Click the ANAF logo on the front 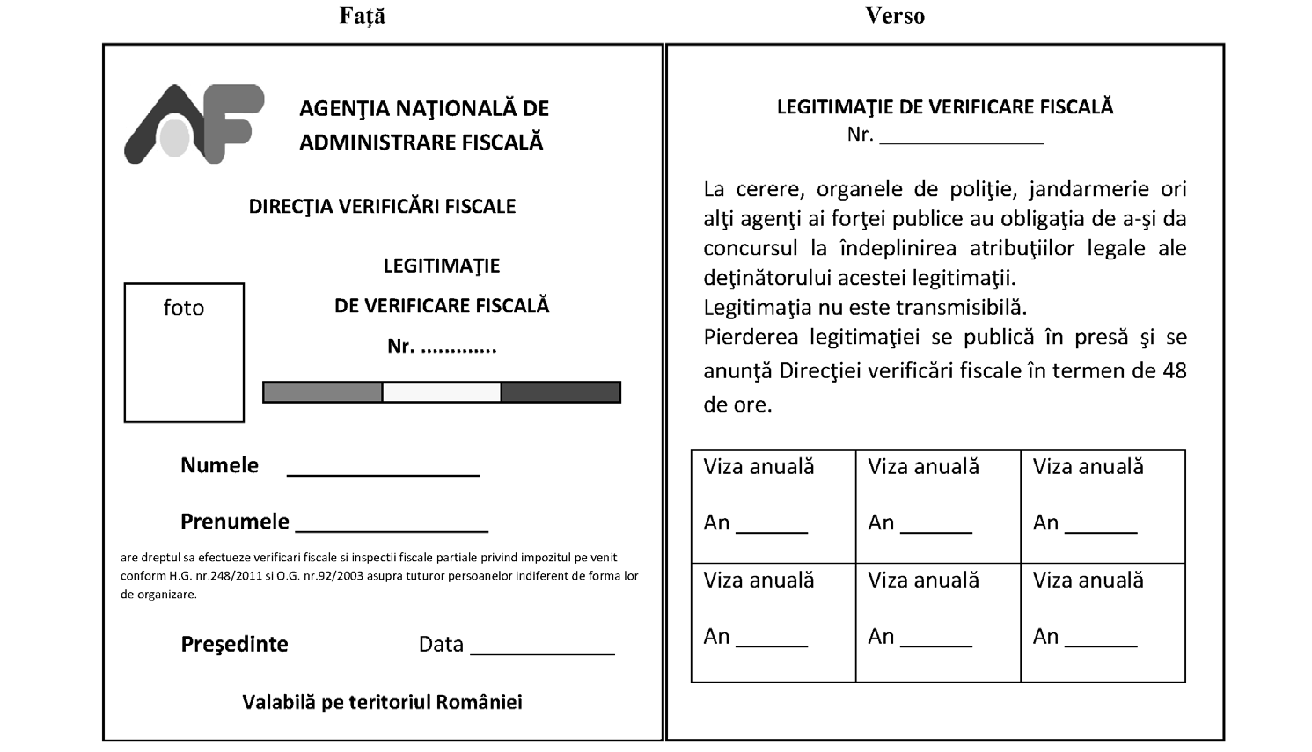point(194,124)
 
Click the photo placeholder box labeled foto point(184,353)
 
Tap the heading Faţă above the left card point(363,16)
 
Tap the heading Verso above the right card point(895,16)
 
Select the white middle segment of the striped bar point(442,392)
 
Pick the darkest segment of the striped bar point(561,392)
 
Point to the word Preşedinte point(234,644)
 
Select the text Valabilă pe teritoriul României point(382,702)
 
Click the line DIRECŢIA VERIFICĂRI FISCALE point(382,207)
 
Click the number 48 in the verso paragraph point(1174,370)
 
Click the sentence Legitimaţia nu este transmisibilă point(865,308)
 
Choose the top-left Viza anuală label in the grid point(759,467)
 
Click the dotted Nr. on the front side point(442,347)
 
